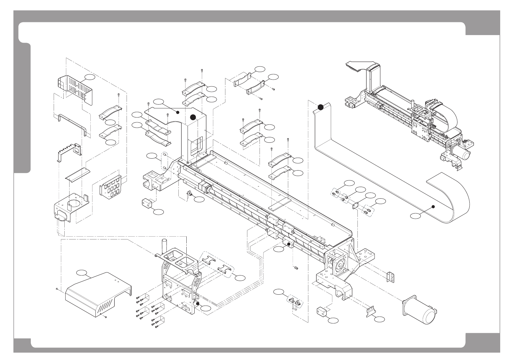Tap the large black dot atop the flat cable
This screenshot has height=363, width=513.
pos(321,107)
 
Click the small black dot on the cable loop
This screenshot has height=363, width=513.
pos(433,207)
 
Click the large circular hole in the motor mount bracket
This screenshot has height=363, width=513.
pos(74,203)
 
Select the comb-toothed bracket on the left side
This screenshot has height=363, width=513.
pos(69,151)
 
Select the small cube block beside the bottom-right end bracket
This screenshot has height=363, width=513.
pos(322,311)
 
